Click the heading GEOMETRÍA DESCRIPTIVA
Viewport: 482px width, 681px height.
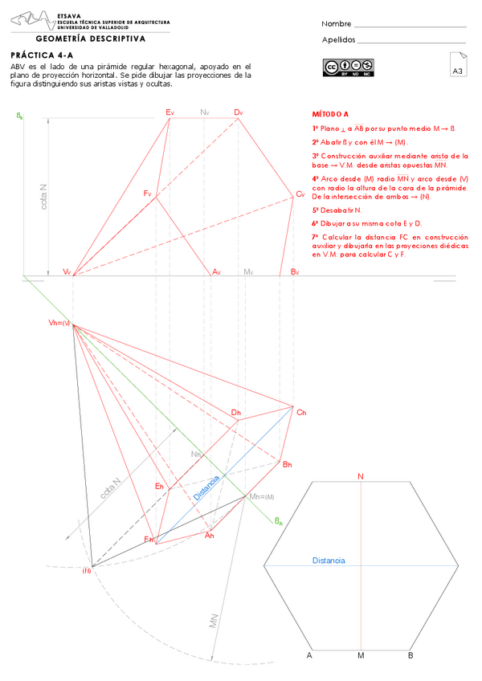point(91,38)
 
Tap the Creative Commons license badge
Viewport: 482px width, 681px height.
point(349,67)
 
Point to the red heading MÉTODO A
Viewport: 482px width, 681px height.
point(330,115)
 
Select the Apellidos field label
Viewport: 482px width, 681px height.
point(338,39)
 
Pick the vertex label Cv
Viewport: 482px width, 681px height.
point(300,194)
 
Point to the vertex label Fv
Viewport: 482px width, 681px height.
point(148,194)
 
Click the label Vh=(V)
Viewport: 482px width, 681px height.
point(59,323)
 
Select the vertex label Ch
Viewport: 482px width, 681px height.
point(301,412)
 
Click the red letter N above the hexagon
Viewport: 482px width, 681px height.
point(361,477)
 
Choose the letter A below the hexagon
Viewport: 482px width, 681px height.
point(308,656)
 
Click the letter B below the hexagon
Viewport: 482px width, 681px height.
point(411,656)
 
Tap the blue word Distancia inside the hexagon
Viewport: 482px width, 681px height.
point(329,560)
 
